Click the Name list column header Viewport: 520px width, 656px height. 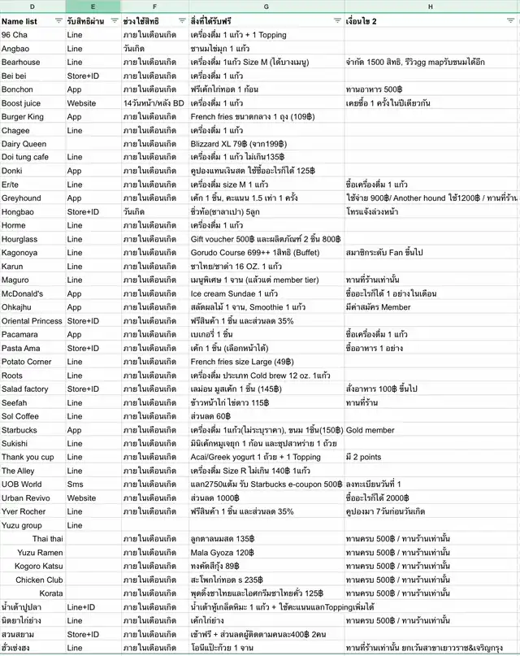19,21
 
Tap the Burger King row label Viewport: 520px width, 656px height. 22,117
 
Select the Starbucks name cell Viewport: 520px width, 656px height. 19,430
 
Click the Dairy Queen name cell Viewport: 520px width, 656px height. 24,144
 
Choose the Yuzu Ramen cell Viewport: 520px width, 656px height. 40,552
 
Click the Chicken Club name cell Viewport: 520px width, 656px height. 40,580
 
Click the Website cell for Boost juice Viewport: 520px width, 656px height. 80,103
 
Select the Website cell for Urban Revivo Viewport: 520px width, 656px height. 80,498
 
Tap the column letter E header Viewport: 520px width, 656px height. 93,7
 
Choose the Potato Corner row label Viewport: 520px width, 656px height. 27,362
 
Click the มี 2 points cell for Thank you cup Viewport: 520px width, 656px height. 364,457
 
